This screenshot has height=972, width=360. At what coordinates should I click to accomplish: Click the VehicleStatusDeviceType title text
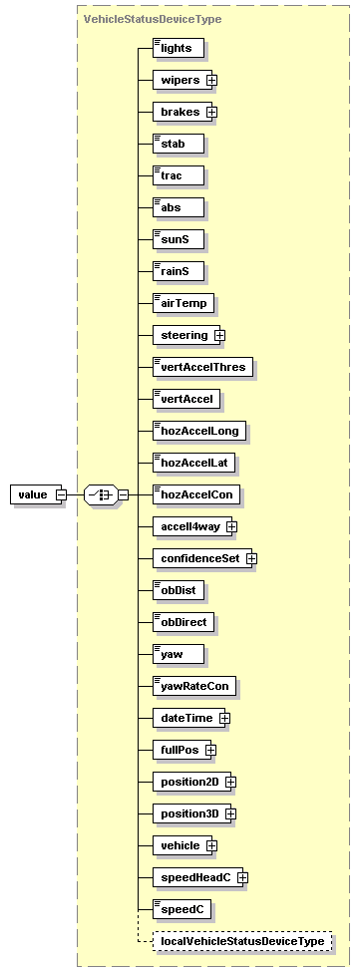coord(152,19)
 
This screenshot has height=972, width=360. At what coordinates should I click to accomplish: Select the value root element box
coord(33,494)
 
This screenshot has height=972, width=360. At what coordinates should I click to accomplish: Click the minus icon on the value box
coord(61,494)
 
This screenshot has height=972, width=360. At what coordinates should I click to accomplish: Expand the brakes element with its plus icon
coord(211,112)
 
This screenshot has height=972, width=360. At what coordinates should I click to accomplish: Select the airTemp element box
coord(182,303)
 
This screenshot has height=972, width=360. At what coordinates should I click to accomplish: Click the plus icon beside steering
coord(219,335)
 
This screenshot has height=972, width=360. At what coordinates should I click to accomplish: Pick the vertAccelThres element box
coord(203,367)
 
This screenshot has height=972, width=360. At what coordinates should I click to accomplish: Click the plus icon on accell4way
coord(231,526)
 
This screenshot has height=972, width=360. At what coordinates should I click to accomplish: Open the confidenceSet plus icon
coord(251,558)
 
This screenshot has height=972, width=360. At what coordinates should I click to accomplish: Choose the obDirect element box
coord(183,622)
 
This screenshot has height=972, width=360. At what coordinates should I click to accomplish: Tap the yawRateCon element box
coord(187,686)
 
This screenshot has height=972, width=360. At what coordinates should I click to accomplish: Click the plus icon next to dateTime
coord(224,718)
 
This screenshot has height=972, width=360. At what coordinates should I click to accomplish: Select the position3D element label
coord(188,813)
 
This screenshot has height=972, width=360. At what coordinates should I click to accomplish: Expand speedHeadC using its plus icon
coord(241,877)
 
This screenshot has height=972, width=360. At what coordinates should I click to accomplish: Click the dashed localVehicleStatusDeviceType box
coord(242,941)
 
